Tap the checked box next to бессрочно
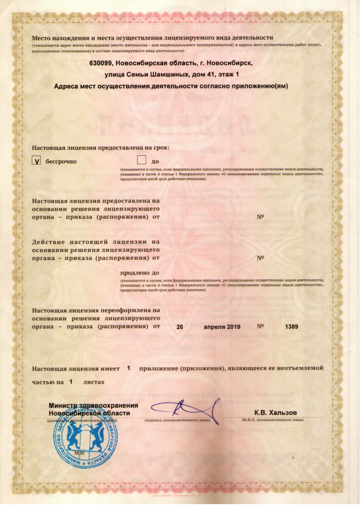[x=36, y=161]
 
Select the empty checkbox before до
[x=142, y=160]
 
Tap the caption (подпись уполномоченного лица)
[x=177, y=420]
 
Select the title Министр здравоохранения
[x=93, y=405]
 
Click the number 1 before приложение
[x=129, y=368]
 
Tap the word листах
[x=94, y=382]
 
